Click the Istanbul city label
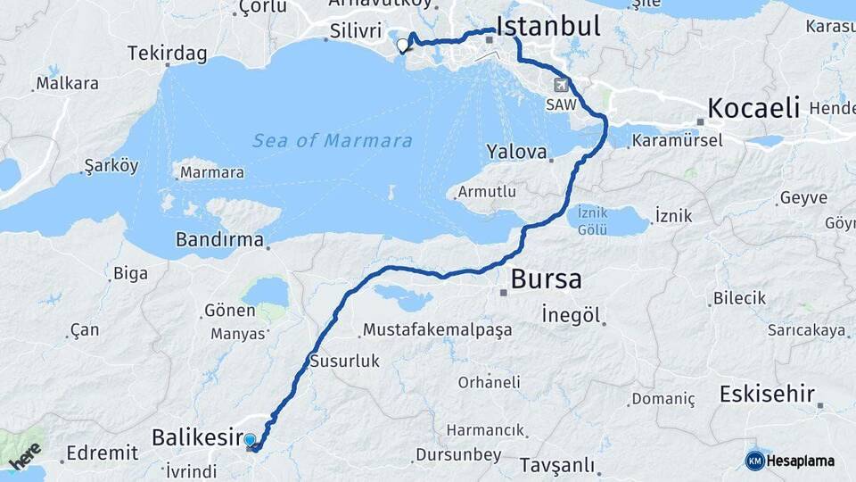point(547,26)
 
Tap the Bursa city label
point(546,280)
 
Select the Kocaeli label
point(753,109)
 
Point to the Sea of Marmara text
point(332,141)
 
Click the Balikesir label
point(198,437)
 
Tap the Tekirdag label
point(168,54)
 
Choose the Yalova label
point(516,152)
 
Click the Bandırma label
point(219,240)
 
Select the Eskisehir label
point(767,394)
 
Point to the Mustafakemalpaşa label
point(438,330)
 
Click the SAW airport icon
point(562,86)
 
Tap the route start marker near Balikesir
point(250,440)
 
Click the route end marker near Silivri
point(403,44)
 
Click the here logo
point(26,454)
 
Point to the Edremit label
point(103,453)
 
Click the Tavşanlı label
point(544,465)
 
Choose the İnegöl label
point(571,314)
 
